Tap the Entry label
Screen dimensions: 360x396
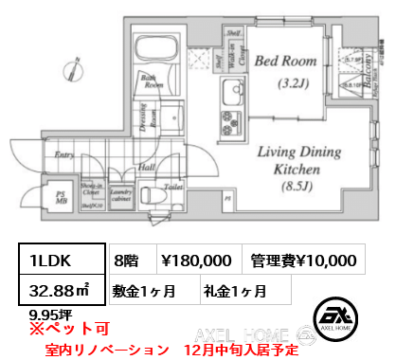point(64,153)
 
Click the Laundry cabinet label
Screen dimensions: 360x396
point(119,194)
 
